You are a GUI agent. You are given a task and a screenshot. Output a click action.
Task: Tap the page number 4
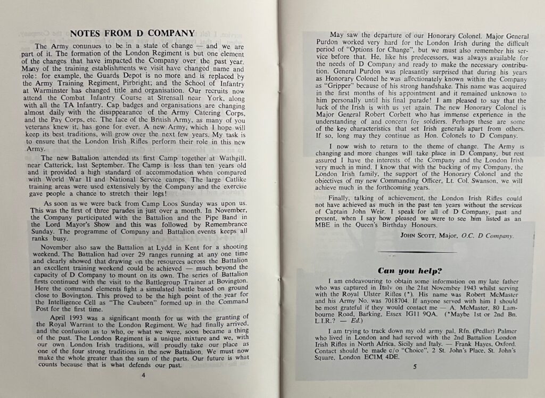(x=143, y=375)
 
